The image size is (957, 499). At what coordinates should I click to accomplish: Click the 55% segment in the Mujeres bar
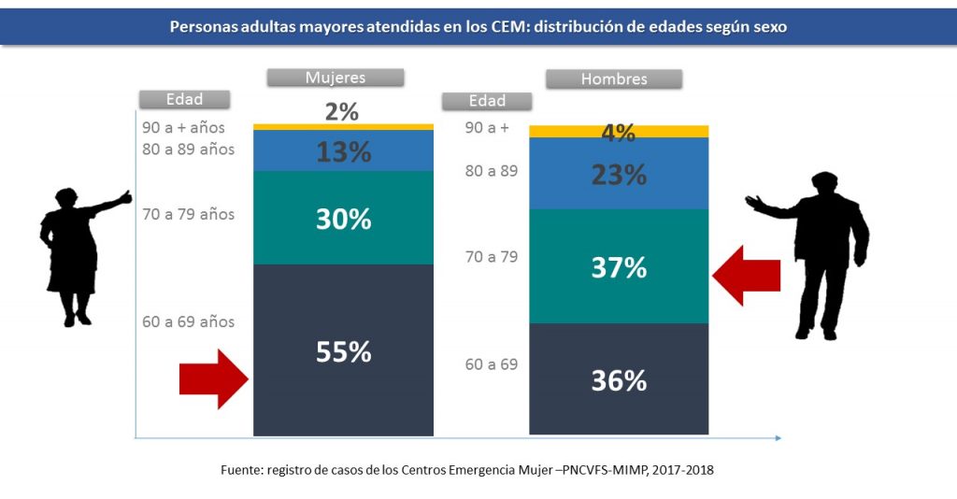tap(343, 350)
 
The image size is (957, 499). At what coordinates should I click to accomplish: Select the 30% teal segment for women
tap(343, 219)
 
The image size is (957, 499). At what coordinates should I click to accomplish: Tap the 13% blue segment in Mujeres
tap(343, 151)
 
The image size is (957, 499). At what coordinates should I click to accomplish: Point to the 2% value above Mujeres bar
tap(342, 112)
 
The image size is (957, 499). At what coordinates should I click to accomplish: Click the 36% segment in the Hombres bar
tap(618, 379)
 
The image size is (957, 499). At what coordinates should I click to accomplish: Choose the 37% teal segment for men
tap(618, 267)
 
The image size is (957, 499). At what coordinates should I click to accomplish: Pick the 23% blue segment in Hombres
tap(618, 174)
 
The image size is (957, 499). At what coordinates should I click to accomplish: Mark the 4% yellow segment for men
tap(618, 132)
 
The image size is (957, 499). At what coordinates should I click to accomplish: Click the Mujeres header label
tap(336, 78)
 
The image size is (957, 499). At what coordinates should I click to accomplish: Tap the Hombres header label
tap(614, 79)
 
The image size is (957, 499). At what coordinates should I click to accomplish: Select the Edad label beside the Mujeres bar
tap(184, 99)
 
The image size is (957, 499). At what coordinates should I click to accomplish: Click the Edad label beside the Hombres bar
tap(487, 101)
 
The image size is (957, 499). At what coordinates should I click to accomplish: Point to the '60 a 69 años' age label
tap(188, 321)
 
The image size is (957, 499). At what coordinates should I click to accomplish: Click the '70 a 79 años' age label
tap(188, 214)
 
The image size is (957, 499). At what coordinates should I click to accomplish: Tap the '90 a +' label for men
tap(487, 127)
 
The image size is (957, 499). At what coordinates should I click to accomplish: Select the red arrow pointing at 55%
tap(214, 378)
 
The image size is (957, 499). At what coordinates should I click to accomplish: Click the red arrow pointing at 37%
tap(746, 275)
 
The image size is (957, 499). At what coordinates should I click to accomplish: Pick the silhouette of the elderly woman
tap(77, 252)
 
